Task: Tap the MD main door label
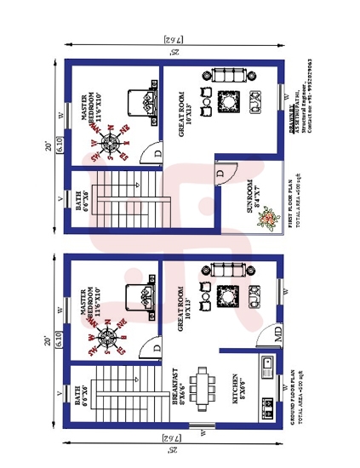277,336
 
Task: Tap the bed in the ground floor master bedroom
139,297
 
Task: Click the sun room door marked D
220,174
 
